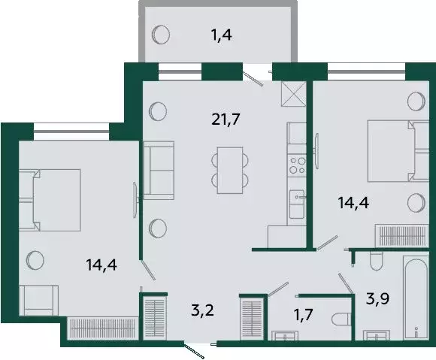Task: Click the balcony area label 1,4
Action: pyautogui.click(x=222, y=35)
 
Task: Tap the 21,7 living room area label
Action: pyautogui.click(x=226, y=119)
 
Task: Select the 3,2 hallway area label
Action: pyautogui.click(x=203, y=310)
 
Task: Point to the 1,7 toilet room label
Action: pyautogui.click(x=304, y=315)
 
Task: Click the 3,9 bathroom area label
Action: pyautogui.click(x=377, y=299)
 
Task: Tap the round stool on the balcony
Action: pyautogui.click(x=161, y=35)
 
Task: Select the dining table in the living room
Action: pyautogui.click(x=230, y=170)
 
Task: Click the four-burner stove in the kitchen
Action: pyautogui.click(x=297, y=165)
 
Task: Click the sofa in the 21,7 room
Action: pyautogui.click(x=159, y=171)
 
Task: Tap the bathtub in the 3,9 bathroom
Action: pyautogui.click(x=416, y=298)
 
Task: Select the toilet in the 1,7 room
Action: pyautogui.click(x=342, y=319)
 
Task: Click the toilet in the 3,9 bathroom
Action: pyautogui.click(x=377, y=261)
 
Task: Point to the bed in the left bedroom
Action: pyautogui.click(x=50, y=200)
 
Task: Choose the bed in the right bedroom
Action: pyautogui.click(x=398, y=151)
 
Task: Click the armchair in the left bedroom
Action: pyautogui.click(x=38, y=301)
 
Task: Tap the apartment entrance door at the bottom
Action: pyautogui.click(x=194, y=351)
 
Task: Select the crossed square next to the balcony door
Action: pyautogui.click(x=294, y=94)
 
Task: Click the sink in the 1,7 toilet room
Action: pyautogui.click(x=285, y=335)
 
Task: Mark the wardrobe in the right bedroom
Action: pyautogui.click(x=401, y=235)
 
